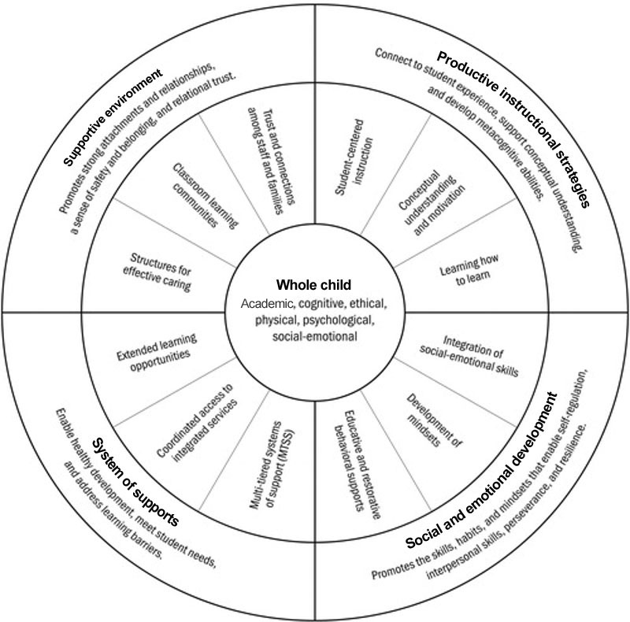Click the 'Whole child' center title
click(x=314, y=284)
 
